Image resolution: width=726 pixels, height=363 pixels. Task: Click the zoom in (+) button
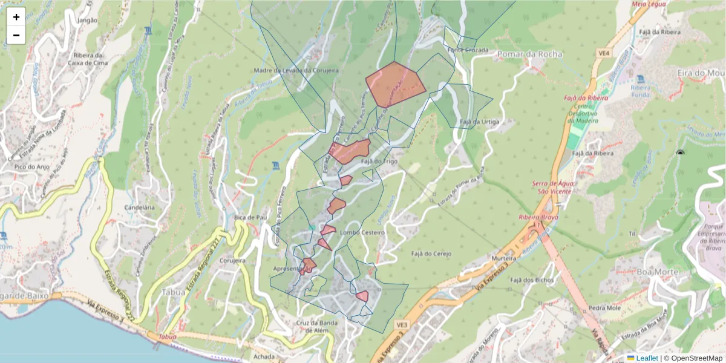16,17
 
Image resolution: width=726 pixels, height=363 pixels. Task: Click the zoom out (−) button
16,35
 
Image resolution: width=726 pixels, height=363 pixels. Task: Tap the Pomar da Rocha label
529,54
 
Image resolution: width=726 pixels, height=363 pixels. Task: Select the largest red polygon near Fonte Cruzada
395,83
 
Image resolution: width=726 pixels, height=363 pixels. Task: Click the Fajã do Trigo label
379,162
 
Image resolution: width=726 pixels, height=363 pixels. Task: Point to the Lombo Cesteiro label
362,233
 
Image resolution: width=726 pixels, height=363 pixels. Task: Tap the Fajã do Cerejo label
431,253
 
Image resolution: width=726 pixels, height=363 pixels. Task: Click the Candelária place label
139,207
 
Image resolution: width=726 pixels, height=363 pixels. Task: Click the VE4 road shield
603,53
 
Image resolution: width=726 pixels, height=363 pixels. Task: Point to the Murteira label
504,258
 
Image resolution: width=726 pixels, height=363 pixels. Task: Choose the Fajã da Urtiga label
480,122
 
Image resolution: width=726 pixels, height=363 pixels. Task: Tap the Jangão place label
88,20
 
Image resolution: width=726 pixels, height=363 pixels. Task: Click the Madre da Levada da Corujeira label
296,70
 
